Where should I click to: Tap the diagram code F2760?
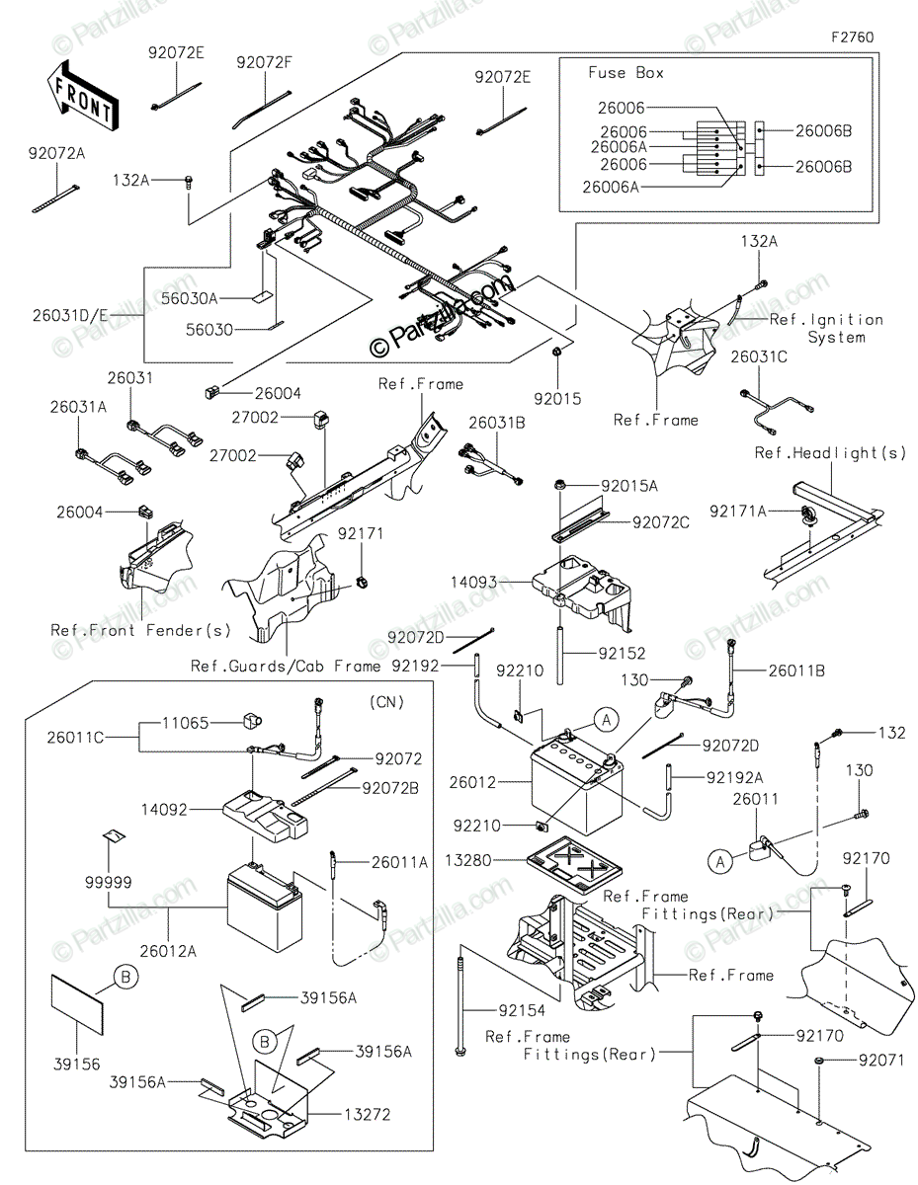tap(852, 38)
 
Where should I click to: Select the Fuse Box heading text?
tap(626, 72)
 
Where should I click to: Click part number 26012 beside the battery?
tap(473, 782)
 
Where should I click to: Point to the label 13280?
tap(468, 860)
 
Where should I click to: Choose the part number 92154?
tap(522, 1010)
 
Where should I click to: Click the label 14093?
tap(473, 582)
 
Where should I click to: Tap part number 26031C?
tap(759, 356)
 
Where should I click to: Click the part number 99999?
tap(109, 882)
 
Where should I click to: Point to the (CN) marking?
tap(386, 702)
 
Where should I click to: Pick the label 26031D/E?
tap(70, 315)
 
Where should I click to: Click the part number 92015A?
tap(629, 485)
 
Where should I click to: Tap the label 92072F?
tap(265, 62)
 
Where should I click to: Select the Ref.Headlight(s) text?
tap(831, 452)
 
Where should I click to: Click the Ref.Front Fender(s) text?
tap(140, 630)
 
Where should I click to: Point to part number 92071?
tap(881, 1061)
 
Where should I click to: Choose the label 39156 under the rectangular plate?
tap(77, 1064)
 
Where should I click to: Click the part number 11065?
tap(185, 723)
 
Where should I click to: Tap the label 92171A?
tap(738, 511)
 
